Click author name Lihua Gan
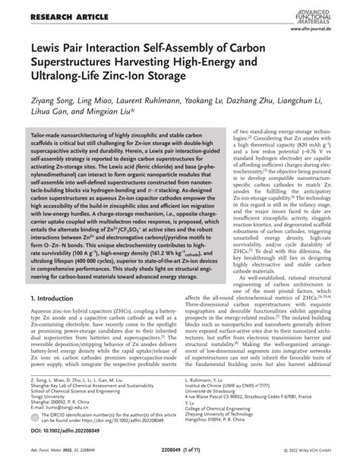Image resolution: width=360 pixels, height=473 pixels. [x=44, y=112]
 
